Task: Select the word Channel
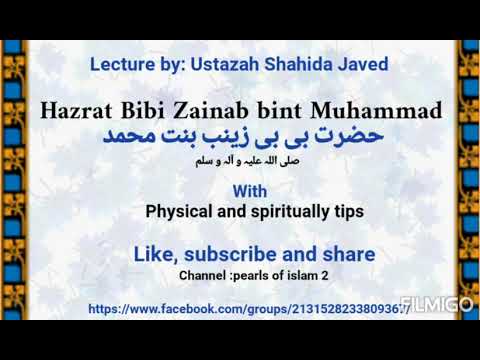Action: pos(206,275)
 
